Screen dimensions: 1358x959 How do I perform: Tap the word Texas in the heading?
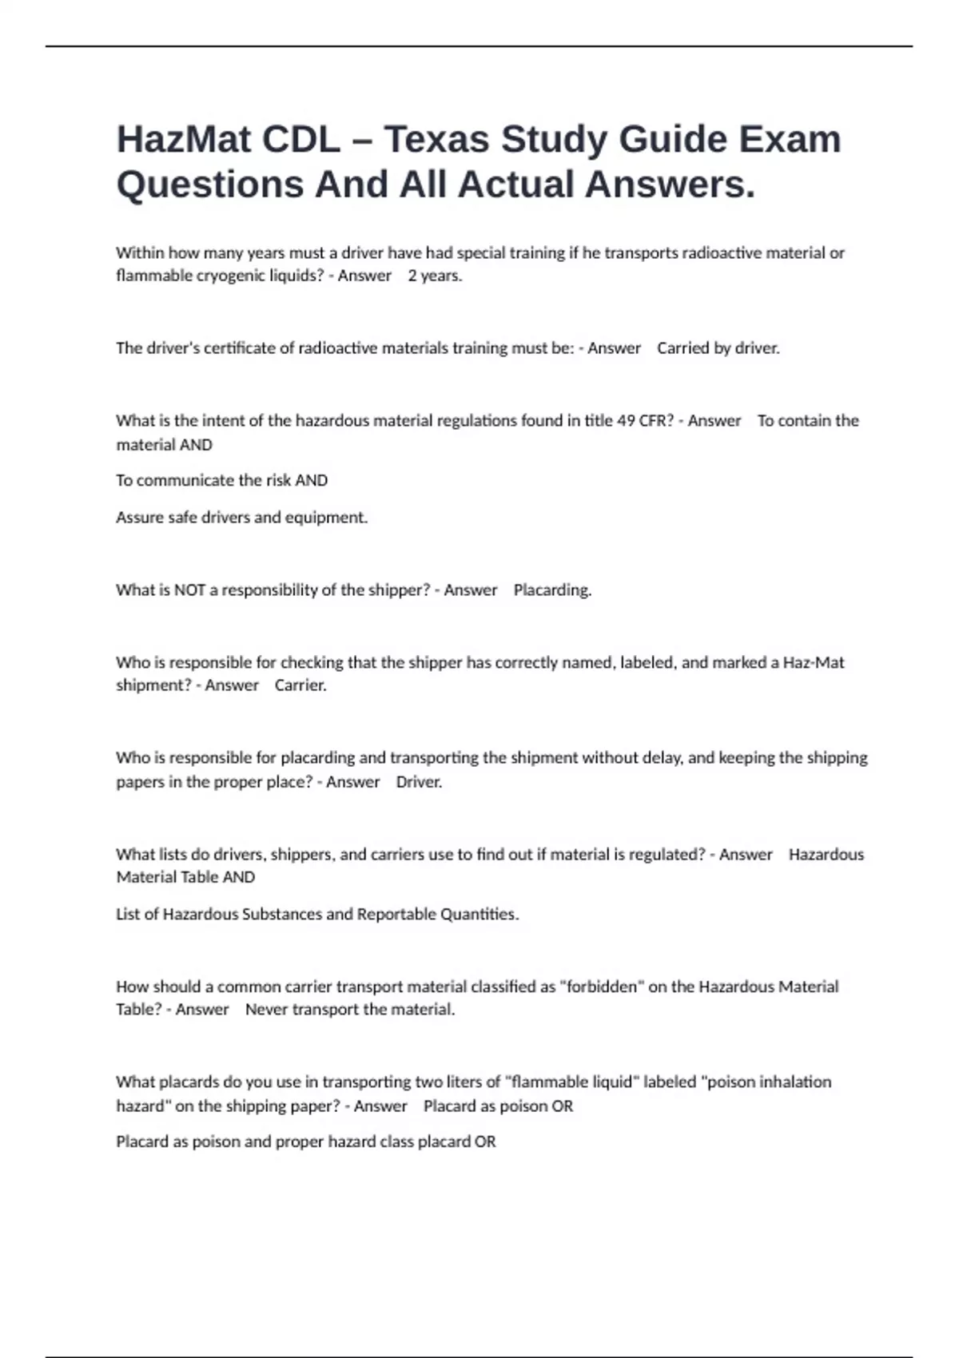click(x=436, y=139)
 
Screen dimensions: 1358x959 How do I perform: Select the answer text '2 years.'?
click(x=435, y=276)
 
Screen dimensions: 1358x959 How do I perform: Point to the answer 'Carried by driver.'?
click(x=718, y=348)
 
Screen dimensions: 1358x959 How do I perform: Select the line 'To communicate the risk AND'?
click(x=221, y=480)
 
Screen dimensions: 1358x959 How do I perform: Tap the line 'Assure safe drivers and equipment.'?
click(x=241, y=518)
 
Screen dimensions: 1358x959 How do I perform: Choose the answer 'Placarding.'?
click(x=552, y=590)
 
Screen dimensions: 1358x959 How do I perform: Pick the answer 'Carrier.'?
click(x=300, y=685)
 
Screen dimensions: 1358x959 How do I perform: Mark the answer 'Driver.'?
click(x=419, y=782)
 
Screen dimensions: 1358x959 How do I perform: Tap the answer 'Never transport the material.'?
click(x=350, y=1010)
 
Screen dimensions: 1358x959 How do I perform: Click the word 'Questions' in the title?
click(x=209, y=185)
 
